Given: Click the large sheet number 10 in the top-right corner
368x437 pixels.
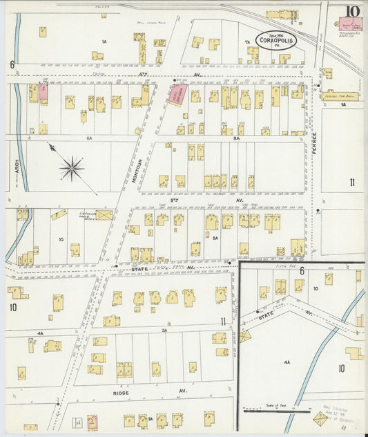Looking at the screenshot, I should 352,11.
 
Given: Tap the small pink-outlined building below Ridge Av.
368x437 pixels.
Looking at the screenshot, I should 93,421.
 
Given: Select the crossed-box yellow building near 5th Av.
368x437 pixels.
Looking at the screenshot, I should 104,215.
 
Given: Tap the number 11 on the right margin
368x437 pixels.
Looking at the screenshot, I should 351,183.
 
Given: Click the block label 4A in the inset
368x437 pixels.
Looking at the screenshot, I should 286,361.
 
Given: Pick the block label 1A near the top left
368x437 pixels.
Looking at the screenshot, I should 104,42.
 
